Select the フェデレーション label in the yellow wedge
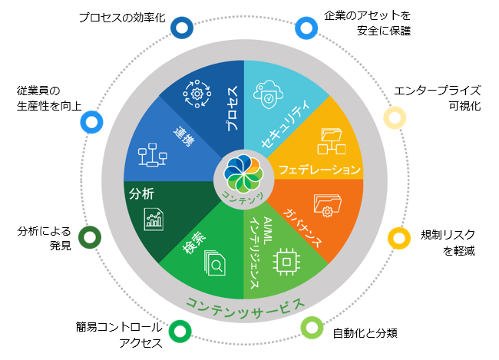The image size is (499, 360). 319,168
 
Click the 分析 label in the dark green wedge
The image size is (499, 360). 141,192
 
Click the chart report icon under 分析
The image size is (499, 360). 154,220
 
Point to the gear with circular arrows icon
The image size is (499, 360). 196,94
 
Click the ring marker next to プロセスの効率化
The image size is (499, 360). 182,28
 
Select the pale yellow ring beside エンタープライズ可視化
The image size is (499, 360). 394,117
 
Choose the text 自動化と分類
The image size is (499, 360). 365,334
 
